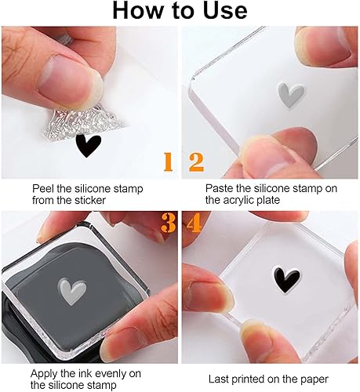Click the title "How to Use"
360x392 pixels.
[x=180, y=11]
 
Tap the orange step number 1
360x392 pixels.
[x=167, y=162]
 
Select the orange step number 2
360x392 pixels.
[x=197, y=162]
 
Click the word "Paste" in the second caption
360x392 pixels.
[x=220, y=189]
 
